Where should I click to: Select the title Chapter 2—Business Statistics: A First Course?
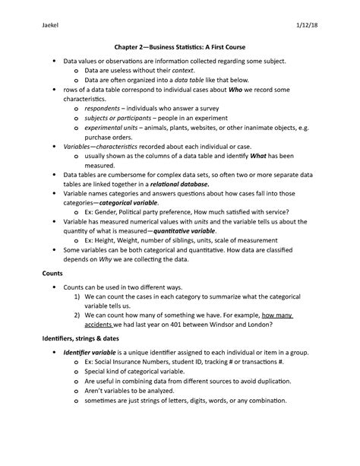click(x=180, y=46)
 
